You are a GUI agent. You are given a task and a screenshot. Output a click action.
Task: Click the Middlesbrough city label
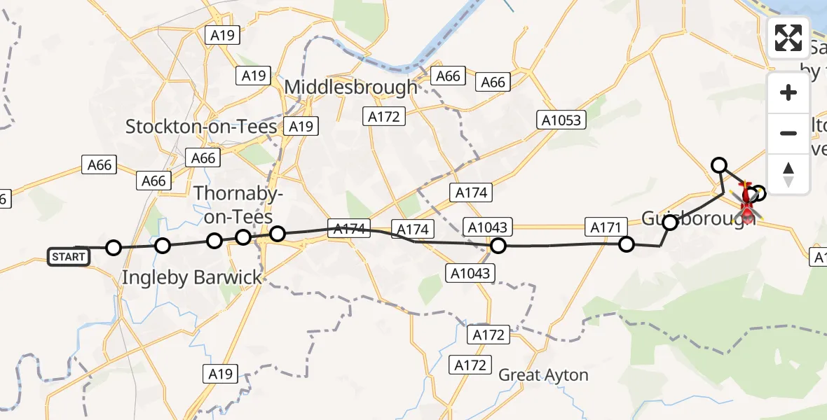[x=352, y=88]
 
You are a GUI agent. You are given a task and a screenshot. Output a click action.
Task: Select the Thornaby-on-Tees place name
[x=233, y=204]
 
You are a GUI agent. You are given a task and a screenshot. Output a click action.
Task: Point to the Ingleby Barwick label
[x=192, y=277]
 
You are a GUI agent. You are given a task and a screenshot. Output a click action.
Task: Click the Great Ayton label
[x=543, y=375]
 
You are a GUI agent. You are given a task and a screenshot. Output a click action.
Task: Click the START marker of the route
[x=68, y=257]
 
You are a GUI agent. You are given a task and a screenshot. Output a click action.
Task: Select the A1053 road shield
[x=561, y=120]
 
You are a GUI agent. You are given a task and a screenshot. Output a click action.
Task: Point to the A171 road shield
[x=606, y=226]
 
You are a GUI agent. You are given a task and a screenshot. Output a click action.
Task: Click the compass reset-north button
[x=788, y=174]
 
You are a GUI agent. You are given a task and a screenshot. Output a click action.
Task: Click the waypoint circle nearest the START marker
[x=114, y=247]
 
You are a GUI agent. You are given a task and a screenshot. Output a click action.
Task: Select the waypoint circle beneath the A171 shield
[x=627, y=244]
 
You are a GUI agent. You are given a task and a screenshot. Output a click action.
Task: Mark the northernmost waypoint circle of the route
[x=718, y=165]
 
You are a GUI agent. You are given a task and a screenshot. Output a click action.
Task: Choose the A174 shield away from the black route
[x=473, y=192]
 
